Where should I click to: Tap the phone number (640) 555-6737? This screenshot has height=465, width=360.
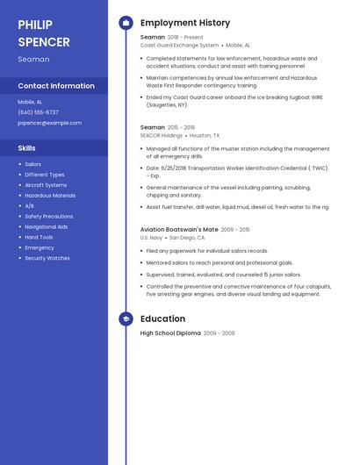click(38, 112)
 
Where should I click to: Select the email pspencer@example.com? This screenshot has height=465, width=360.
click(49, 123)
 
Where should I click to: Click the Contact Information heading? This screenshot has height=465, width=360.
click(56, 86)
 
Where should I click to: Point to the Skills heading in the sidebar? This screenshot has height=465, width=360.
click(26, 148)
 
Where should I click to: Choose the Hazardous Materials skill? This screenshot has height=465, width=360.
click(50, 196)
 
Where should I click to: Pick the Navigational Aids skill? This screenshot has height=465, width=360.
click(46, 226)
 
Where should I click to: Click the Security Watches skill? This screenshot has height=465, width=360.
click(47, 258)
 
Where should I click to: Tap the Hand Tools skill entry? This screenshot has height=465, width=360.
click(39, 237)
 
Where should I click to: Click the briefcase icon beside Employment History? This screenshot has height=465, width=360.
click(126, 23)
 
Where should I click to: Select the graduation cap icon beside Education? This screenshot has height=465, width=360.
click(126, 319)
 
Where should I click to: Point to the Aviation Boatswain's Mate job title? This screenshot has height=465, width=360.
click(179, 229)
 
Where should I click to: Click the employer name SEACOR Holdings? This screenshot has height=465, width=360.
click(162, 136)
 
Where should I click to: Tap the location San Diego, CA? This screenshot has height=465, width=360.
click(187, 238)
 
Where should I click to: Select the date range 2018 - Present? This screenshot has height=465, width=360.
click(185, 38)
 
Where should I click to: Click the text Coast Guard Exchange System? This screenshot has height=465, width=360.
click(179, 45)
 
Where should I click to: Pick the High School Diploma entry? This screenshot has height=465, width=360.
click(170, 333)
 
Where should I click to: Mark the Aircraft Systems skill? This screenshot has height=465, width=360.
click(46, 185)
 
